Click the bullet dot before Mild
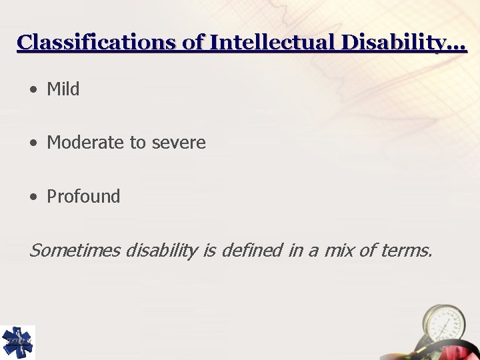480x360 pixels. point(33,90)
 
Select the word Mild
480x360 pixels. point(63,89)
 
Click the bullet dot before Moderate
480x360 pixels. point(33,143)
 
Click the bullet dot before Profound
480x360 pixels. point(33,197)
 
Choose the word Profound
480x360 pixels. point(83,197)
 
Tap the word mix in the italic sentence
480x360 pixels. point(337,251)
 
